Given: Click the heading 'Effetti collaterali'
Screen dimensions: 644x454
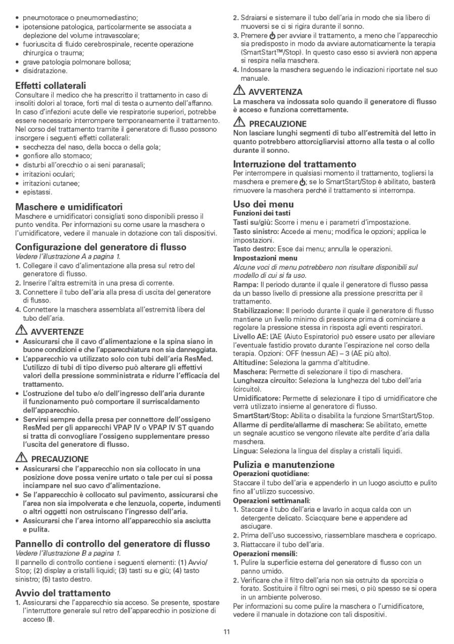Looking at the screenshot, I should click(50, 86).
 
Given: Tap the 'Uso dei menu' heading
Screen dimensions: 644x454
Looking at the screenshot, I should click(263, 204).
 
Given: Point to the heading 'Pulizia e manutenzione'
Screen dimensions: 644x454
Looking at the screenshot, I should click(283, 464).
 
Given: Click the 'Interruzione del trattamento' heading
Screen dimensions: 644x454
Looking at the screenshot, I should click(302, 164).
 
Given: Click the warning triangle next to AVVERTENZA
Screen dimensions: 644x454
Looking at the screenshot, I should click(239, 92).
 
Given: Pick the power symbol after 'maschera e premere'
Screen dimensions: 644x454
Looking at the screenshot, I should click(302, 182).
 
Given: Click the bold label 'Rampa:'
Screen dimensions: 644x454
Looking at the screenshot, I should click(245, 285).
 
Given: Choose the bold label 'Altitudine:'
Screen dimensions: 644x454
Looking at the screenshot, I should click(250, 363).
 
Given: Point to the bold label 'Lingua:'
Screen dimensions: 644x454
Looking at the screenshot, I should click(245, 450).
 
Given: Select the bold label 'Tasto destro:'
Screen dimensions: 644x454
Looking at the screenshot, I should click(254, 249).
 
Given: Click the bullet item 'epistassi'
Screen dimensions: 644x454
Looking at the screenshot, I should click(37, 192).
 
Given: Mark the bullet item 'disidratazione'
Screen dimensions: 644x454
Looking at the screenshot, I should click(45, 71).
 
